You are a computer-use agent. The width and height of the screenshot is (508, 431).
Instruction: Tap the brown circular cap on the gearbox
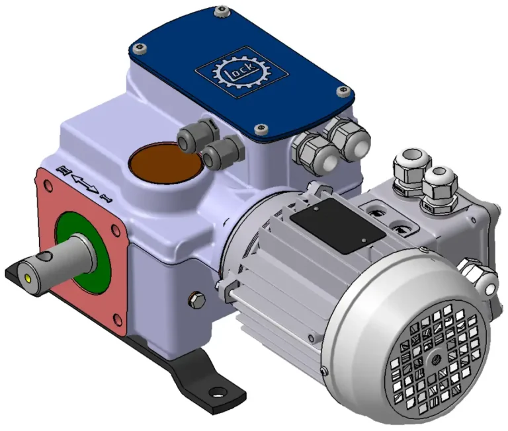(x=166, y=163)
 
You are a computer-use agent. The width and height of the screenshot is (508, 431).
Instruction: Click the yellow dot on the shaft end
(x=27, y=278)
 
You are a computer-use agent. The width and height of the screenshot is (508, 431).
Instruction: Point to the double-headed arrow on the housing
(x=85, y=184)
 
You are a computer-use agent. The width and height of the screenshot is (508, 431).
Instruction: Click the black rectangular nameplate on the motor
(x=337, y=225)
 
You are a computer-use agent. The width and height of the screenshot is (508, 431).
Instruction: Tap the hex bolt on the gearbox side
(x=196, y=300)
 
